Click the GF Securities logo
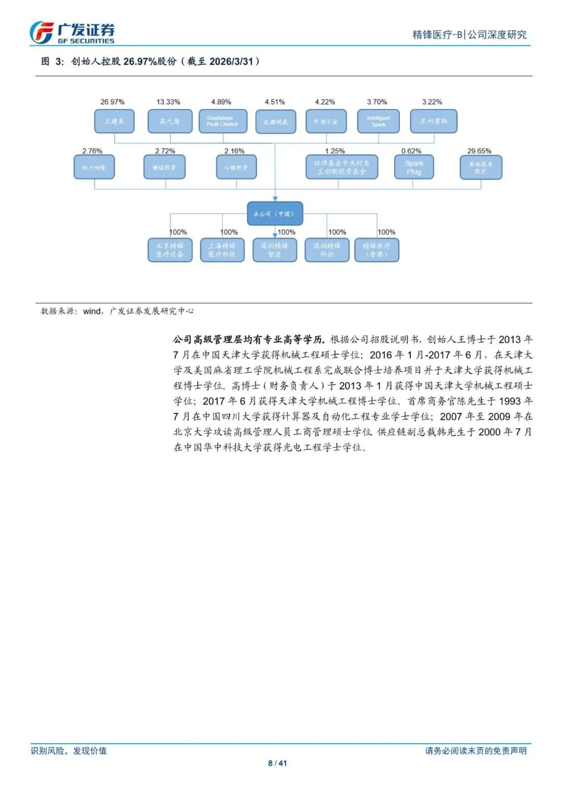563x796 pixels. pos(71,33)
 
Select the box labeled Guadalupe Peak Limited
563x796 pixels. pos(222,121)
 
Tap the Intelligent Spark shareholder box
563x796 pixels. pos(378,121)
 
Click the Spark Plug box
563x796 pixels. pos(414,167)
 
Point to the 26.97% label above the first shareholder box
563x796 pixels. pos(113,102)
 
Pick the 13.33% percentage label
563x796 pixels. pos(168,102)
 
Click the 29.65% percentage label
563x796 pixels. pos(479,151)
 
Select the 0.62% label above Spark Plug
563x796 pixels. pos(411,151)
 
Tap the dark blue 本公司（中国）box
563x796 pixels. pos(274,214)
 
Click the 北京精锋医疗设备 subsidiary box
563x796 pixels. pos(170,250)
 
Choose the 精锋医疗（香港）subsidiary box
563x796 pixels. pos(376,250)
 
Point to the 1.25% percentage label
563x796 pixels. pos(335,151)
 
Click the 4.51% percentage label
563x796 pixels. pos(275,102)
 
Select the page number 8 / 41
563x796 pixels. pos(277,763)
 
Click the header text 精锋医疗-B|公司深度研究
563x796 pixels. pos(469,35)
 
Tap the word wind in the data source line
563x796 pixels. pos(92,311)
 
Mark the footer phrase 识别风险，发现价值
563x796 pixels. pos(68,751)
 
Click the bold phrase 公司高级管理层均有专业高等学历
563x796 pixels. pos(249,339)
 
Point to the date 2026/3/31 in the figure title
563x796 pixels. pos(231,62)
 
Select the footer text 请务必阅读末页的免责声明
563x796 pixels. pos(475,751)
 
